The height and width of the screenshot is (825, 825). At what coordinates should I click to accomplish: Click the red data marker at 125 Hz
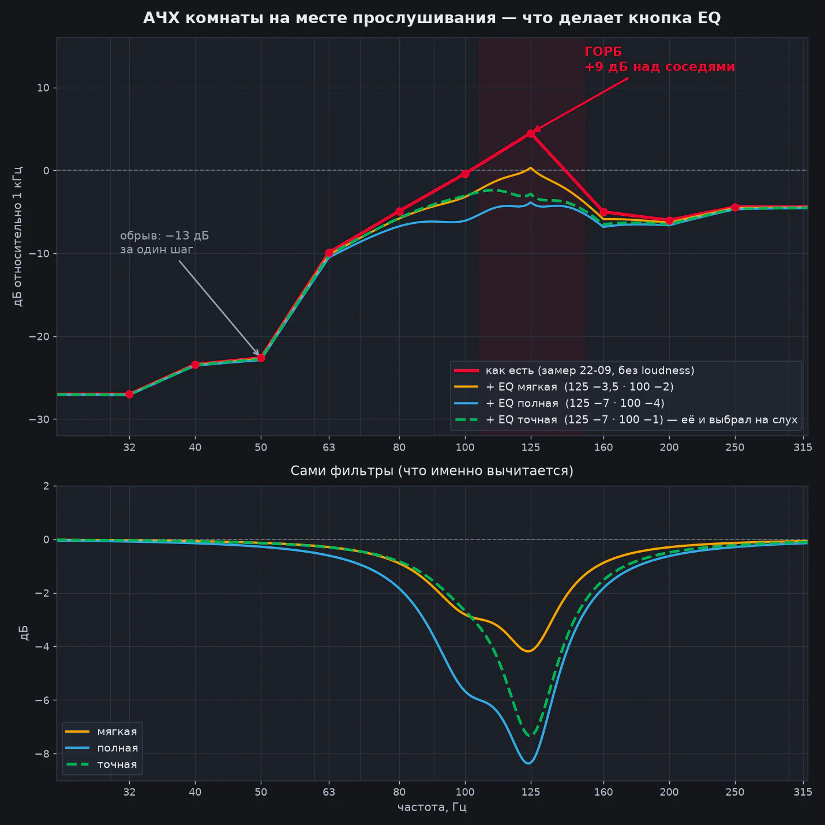tap(531, 134)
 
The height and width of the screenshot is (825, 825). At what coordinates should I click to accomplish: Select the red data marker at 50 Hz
tap(261, 358)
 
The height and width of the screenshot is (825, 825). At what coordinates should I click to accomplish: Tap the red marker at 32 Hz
tap(129, 394)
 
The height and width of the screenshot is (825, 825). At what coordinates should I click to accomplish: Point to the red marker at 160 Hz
tap(603, 212)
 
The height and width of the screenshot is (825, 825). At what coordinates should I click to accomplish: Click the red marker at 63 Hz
tap(329, 253)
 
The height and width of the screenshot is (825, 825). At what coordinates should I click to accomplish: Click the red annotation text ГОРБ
tap(603, 52)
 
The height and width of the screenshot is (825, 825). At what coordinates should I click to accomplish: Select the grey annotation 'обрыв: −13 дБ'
tap(164, 236)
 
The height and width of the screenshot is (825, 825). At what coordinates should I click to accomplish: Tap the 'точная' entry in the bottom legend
tap(117, 764)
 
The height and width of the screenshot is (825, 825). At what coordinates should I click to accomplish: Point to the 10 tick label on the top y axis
tap(44, 88)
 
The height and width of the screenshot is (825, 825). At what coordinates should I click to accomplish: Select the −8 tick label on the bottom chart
tap(42, 753)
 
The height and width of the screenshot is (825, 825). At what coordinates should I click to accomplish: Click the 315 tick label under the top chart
tap(802, 447)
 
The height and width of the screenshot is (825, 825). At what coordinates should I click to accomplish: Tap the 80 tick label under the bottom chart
tap(399, 792)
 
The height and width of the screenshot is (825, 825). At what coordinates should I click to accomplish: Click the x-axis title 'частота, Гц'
tap(432, 808)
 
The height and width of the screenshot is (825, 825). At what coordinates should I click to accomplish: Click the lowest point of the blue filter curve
tap(528, 763)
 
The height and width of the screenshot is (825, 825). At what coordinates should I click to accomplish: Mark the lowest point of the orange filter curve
tap(528, 651)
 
